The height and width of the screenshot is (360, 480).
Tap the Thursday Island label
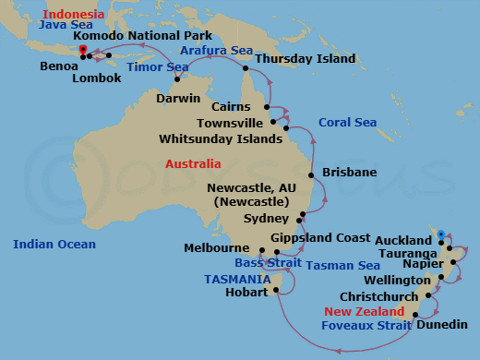tap(305, 58)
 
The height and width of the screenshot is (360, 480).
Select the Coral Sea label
tap(347, 122)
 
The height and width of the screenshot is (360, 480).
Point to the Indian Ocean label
tap(54, 244)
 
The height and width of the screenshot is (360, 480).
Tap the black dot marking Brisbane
tap(315, 173)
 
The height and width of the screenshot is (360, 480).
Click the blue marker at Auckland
tap(441, 234)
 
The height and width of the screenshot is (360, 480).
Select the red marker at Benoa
tap(83, 50)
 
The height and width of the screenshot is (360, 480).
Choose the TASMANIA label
tap(237, 279)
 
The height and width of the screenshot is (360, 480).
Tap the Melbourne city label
tap(216, 248)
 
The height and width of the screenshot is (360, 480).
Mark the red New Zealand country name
tap(366, 311)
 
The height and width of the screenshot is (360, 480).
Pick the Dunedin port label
tap(441, 325)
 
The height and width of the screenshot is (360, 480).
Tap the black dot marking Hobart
tap(275, 292)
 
